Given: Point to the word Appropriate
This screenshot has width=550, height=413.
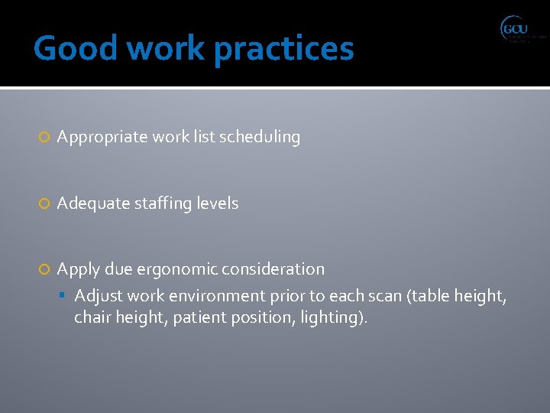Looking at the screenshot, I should coord(102,138).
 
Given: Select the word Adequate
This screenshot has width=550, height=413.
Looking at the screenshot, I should coord(90,203).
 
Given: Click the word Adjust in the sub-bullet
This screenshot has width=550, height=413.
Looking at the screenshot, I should coord(99,296).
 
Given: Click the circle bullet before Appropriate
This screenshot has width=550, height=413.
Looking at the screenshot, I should coord(44,138).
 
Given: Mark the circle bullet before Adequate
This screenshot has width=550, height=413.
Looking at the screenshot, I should coord(44,204).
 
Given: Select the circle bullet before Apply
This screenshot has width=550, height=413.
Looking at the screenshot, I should coord(44,270).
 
